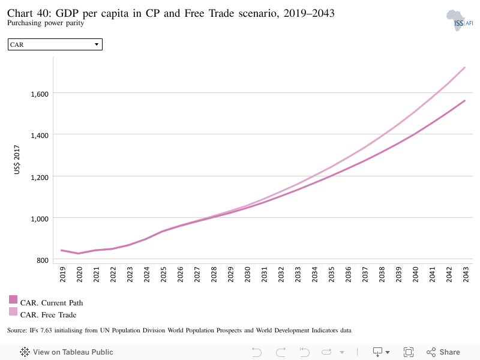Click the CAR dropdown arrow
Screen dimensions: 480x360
tap(97, 44)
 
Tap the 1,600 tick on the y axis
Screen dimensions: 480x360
tap(40, 94)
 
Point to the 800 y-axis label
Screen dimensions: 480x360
tap(43, 260)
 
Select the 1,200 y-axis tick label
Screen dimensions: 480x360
tap(40, 177)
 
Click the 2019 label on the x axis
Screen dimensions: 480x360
tap(62, 274)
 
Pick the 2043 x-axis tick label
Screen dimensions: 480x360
tap(466, 274)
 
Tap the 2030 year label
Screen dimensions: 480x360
tap(247, 274)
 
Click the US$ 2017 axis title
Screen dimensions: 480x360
tap(17, 160)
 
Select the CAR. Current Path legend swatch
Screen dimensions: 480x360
tap(13, 299)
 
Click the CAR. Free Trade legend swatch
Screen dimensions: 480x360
tap(13, 311)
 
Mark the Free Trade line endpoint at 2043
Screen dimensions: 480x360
tap(464, 68)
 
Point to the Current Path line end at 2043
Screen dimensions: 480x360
tap(464, 101)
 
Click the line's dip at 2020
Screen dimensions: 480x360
tap(79, 253)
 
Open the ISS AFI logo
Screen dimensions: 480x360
tap(460, 20)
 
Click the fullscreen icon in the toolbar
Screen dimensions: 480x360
tap(409, 352)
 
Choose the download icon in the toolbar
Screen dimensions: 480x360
tap(378, 352)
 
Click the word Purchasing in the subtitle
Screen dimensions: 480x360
tap(24, 23)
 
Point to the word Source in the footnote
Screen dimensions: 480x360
tap(17, 331)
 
